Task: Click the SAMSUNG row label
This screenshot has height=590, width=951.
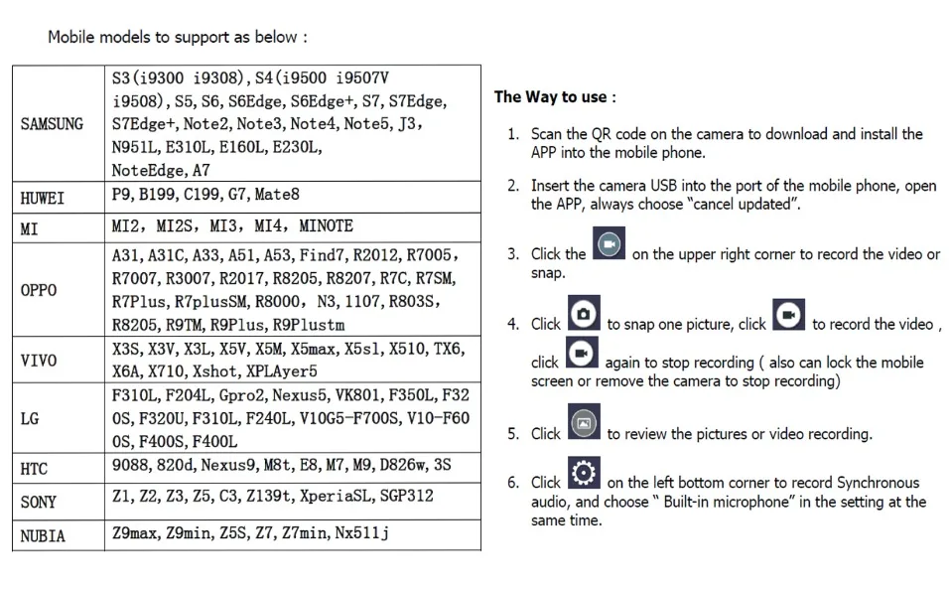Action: (x=52, y=124)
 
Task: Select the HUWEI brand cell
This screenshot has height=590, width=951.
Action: (x=43, y=198)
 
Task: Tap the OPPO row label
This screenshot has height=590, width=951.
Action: (x=39, y=290)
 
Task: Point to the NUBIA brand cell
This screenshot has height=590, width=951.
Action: (x=43, y=535)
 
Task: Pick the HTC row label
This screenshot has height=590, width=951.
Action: (x=34, y=468)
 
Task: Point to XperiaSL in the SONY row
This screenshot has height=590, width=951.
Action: (x=350, y=496)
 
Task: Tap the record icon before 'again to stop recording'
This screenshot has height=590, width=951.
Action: (x=582, y=353)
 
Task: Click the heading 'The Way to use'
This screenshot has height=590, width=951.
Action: (x=555, y=97)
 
